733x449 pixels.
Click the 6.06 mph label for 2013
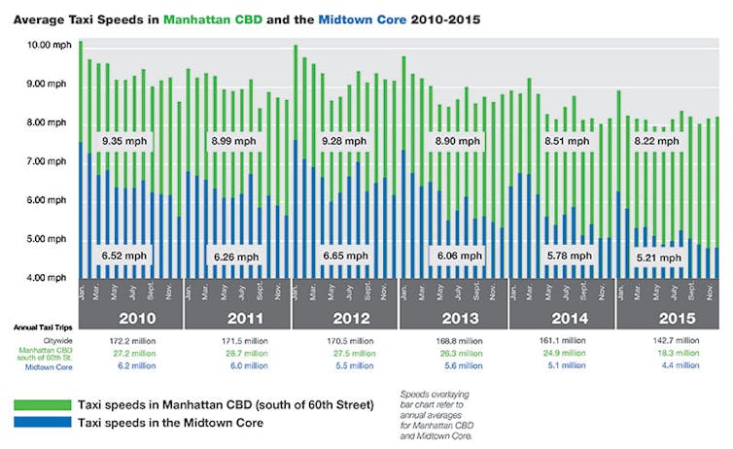point(455,256)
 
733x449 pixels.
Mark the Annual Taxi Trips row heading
point(42,328)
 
